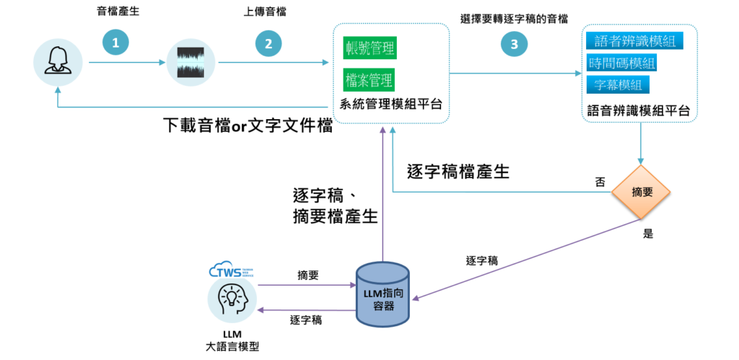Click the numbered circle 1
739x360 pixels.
[115, 43]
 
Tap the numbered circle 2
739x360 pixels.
[268, 43]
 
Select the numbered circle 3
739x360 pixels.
[514, 44]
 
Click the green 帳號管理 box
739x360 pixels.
[370, 49]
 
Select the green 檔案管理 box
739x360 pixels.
[370, 78]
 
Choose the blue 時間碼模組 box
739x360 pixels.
[622, 63]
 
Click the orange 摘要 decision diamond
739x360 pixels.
[642, 193]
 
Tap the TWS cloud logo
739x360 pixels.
[233, 273]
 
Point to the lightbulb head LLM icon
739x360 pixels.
[232, 301]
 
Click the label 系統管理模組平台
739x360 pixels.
[390, 105]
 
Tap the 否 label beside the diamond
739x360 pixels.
[600, 182]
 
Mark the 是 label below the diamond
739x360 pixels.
[647, 234]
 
